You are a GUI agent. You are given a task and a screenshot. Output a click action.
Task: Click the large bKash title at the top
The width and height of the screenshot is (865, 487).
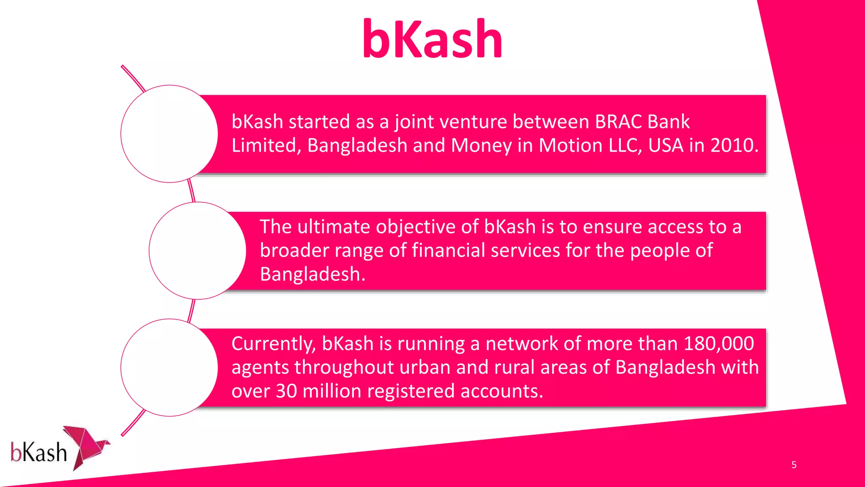[432, 39]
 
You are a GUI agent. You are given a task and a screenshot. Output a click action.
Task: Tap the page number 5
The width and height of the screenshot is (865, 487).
[794, 465]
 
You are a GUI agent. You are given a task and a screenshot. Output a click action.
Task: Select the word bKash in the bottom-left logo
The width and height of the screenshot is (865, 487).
[38, 453]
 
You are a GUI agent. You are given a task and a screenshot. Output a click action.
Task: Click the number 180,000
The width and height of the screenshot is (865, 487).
[718, 344]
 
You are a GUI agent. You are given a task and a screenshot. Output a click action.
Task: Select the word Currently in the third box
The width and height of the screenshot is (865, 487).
[273, 344]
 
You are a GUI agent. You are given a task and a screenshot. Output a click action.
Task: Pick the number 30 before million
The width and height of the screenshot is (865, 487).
[286, 391]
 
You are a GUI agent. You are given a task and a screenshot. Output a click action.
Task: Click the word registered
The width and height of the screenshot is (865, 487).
[411, 391]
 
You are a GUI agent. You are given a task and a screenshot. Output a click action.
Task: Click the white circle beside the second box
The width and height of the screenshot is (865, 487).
[197, 251]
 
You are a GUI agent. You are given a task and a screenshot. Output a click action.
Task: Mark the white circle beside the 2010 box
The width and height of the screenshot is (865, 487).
[169, 134]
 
